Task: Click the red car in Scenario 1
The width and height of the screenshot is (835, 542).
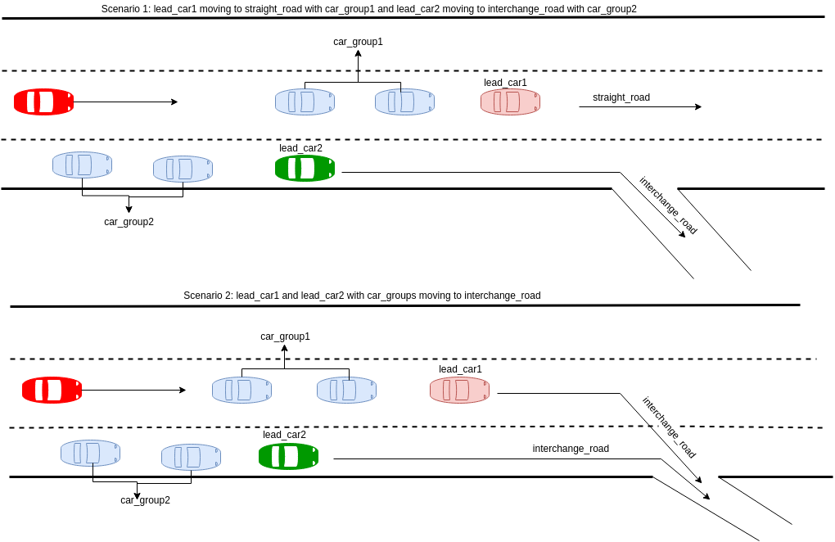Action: (x=43, y=102)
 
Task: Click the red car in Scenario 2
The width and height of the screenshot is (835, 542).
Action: (x=52, y=390)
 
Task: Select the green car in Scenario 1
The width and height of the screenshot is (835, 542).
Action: (x=305, y=168)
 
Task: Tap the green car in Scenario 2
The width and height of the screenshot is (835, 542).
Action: (x=288, y=456)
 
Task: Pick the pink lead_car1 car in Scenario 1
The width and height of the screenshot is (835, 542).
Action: (x=510, y=102)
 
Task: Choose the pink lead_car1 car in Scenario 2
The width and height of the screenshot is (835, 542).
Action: (x=459, y=390)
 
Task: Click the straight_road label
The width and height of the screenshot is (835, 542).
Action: (x=621, y=97)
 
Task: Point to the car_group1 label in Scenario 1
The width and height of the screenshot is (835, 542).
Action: (x=358, y=42)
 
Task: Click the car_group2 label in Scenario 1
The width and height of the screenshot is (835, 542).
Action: (x=129, y=222)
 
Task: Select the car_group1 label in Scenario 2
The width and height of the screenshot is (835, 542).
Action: (x=285, y=336)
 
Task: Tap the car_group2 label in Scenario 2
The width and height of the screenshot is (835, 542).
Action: (x=145, y=500)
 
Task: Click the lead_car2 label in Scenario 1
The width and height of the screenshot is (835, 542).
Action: (x=300, y=148)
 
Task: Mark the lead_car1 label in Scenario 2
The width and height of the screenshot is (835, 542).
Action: (x=460, y=369)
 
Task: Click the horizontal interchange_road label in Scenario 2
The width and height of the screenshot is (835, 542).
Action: (x=571, y=449)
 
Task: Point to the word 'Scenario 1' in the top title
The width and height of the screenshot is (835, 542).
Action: (x=125, y=9)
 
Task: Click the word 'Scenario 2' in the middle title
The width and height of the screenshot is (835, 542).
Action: (x=207, y=296)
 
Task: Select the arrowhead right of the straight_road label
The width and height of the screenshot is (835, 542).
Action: (x=698, y=106)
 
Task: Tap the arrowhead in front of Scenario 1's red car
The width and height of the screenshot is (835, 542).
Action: (x=174, y=102)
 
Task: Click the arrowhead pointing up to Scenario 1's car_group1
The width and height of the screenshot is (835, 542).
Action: (x=358, y=52)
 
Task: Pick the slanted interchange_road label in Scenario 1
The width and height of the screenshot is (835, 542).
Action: (x=668, y=206)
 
